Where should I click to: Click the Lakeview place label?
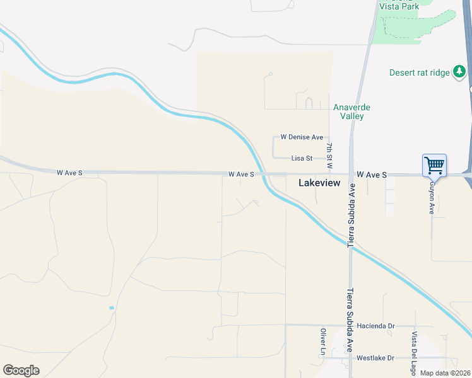pos(319,183)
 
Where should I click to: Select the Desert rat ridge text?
pos(419,72)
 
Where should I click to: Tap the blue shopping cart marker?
pos(435,166)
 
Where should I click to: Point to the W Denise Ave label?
pos(302,137)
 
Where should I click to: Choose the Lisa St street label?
pos(302,158)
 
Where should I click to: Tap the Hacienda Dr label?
pos(375,326)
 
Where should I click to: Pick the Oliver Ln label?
pos(323,341)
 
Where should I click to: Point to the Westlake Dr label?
pos(375,358)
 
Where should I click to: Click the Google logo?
pos(21,370)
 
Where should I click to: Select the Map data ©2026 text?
pos(445,373)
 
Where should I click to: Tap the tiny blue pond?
pos(112,307)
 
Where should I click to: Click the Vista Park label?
pos(399,6)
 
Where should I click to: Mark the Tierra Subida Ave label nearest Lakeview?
pos(352,214)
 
